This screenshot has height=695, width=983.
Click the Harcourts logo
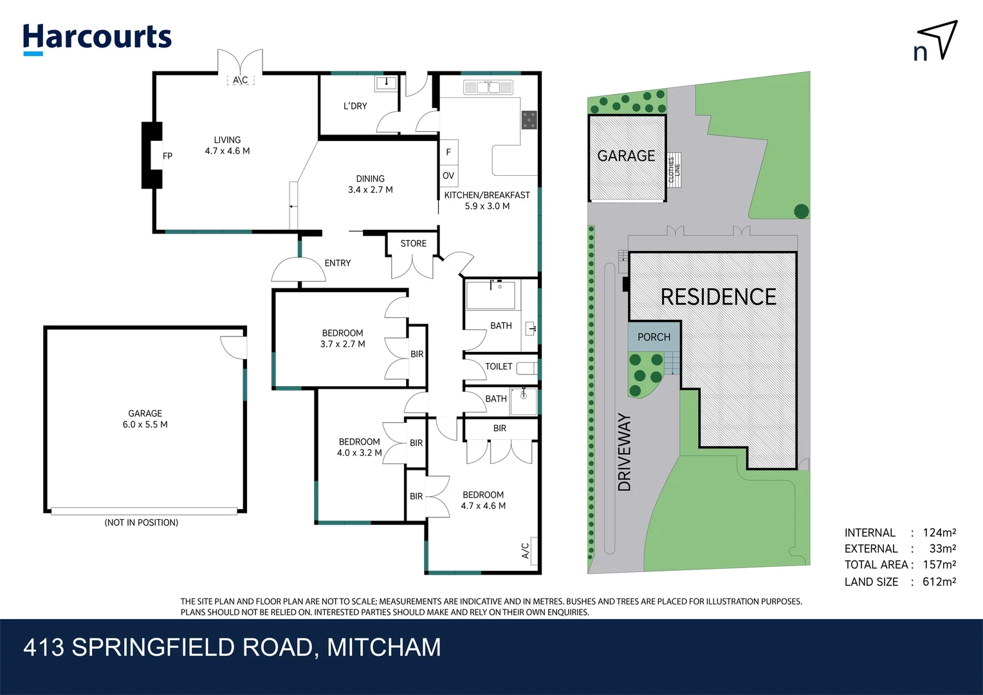tap(97, 38)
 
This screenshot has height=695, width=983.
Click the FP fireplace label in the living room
tap(167, 156)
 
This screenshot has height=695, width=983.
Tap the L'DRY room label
tap(355, 106)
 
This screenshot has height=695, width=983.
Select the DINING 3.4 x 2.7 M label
tap(370, 184)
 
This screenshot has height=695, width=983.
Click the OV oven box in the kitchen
tap(448, 176)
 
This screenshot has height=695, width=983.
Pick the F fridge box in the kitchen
tap(448, 152)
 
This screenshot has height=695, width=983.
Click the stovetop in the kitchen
tap(529, 120)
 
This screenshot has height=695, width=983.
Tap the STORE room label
tap(413, 243)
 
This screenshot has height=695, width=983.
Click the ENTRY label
tap(338, 263)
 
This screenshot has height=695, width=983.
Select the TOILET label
tap(499, 366)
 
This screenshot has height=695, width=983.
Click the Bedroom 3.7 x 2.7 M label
tap(342, 338)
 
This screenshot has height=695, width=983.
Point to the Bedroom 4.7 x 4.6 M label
tap(483, 500)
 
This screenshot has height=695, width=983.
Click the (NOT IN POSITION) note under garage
tap(142, 523)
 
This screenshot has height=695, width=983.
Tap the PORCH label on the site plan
tap(654, 337)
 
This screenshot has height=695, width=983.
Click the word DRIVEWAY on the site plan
tap(624, 452)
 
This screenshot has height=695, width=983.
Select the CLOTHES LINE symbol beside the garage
tap(674, 170)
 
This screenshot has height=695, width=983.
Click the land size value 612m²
tap(939, 582)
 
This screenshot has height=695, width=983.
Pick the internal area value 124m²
tap(939, 533)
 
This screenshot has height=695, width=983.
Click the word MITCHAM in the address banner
tap(384, 647)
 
